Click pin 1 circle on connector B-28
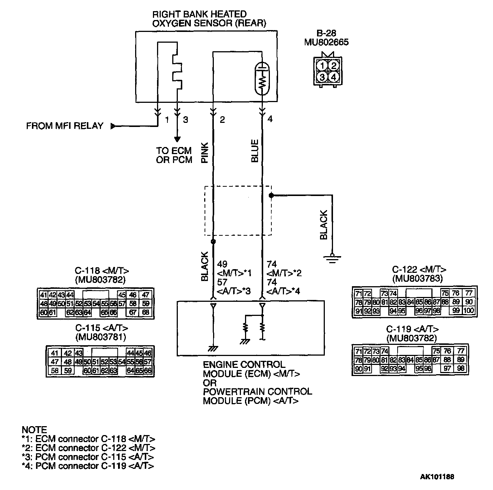323,66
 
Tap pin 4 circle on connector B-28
334,77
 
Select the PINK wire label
205,153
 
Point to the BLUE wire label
255,151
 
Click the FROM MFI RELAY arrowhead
113,126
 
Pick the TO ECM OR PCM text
174,155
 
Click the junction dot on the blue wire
271,195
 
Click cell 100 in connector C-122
469,310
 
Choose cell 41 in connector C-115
55,353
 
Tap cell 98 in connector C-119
460,368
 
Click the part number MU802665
326,42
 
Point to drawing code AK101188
437,477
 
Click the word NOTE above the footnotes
35,430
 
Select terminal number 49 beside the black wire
222,264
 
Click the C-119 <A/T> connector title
412,329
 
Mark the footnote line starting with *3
88,457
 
